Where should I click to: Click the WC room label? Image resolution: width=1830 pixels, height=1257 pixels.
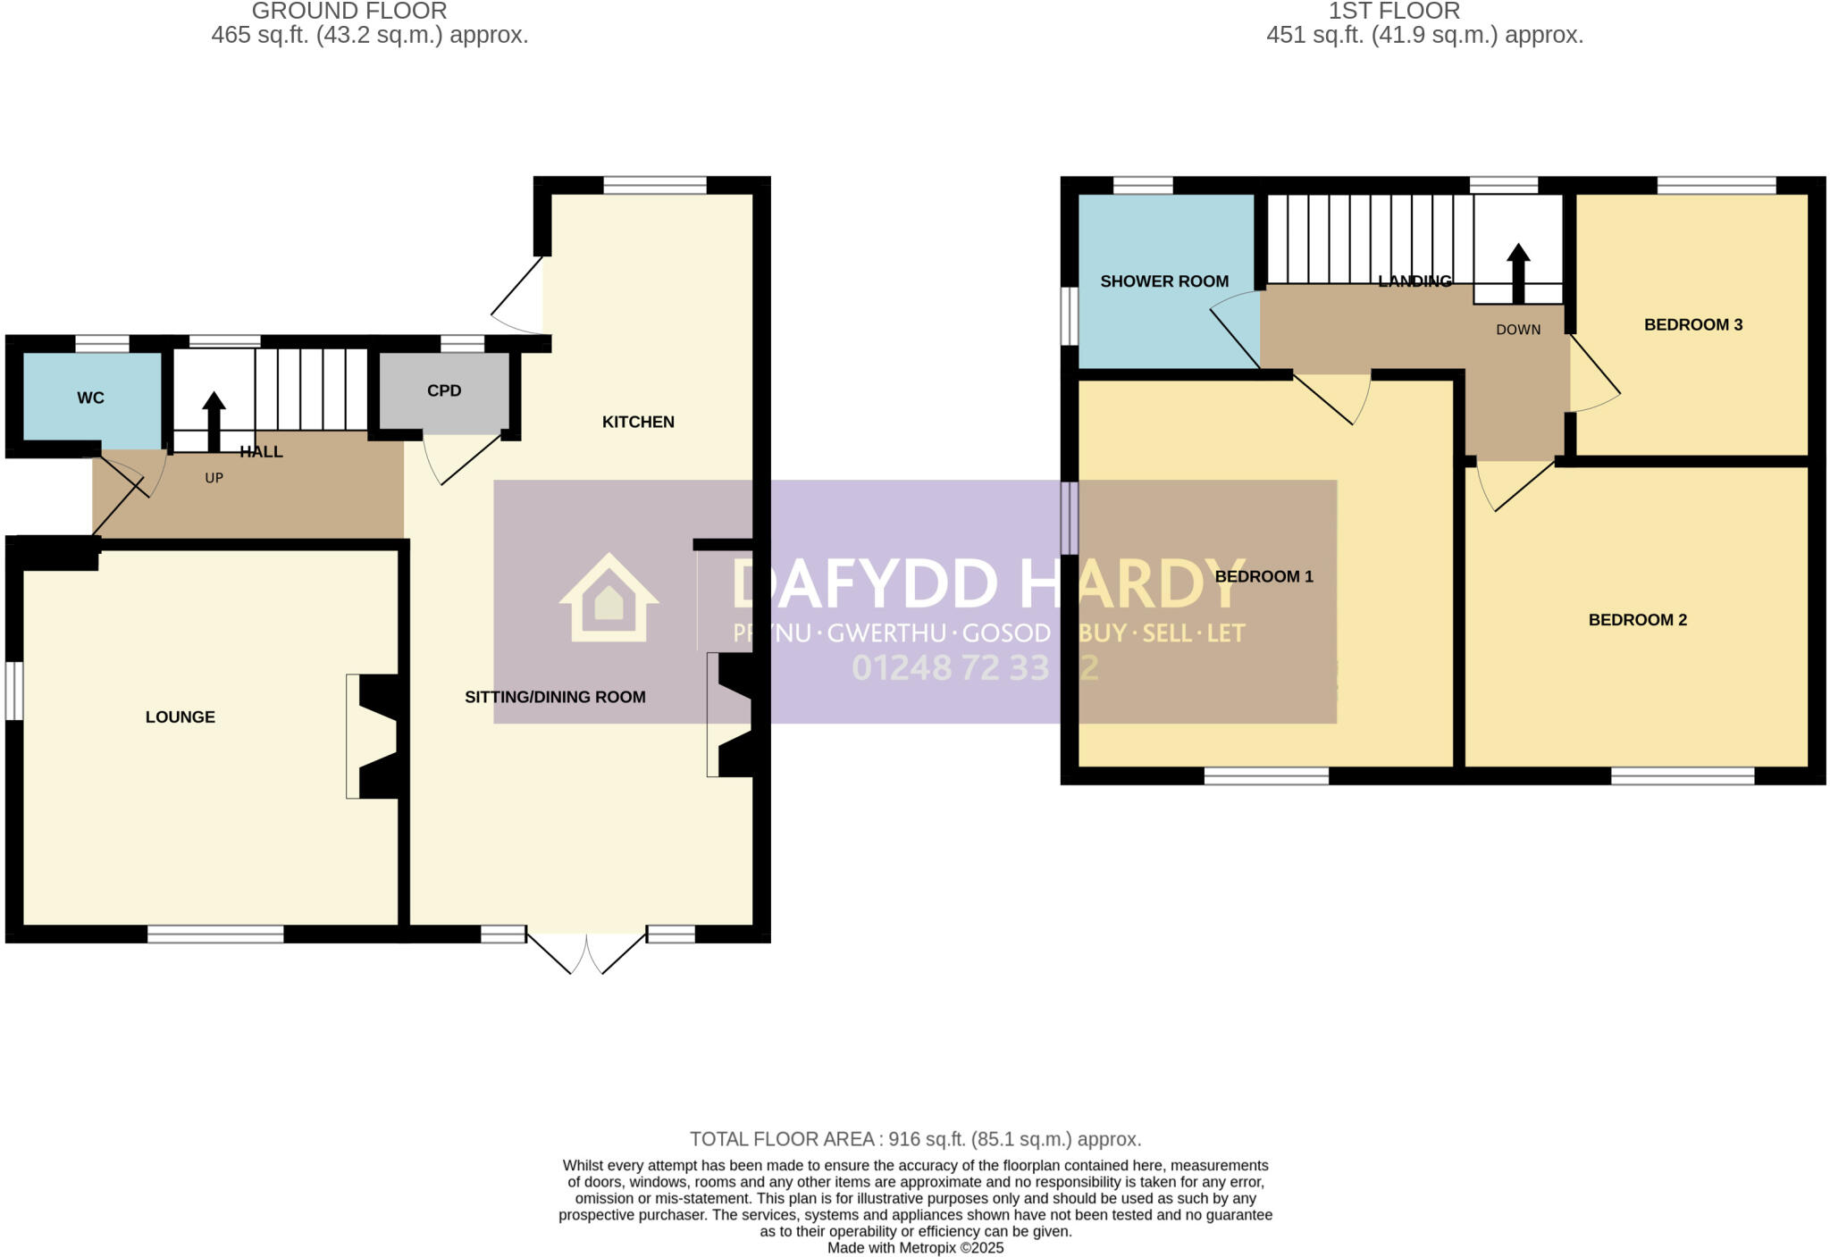pyautogui.click(x=90, y=398)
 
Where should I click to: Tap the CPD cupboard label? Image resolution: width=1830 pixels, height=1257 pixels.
pyautogui.click(x=444, y=390)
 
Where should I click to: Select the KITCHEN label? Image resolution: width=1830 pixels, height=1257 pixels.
pyautogui.click(x=638, y=422)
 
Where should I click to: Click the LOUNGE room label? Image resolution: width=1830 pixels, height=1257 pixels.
pyautogui.click(x=180, y=716)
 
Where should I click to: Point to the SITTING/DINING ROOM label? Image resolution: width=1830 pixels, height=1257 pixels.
pyautogui.click(x=555, y=697)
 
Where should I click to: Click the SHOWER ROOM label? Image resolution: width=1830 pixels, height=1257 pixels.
pyautogui.click(x=1164, y=281)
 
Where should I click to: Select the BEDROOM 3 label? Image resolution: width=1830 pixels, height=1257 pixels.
pyautogui.click(x=1693, y=324)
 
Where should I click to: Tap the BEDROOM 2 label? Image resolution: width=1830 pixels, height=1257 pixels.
pyautogui.click(x=1637, y=620)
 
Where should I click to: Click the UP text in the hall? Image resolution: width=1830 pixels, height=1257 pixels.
pyautogui.click(x=214, y=478)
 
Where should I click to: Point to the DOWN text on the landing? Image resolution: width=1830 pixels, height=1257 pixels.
pyautogui.click(x=1518, y=330)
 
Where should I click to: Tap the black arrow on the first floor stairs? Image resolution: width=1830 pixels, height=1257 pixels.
pyautogui.click(x=1518, y=273)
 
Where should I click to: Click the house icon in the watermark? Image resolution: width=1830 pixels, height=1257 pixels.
pyautogui.click(x=609, y=598)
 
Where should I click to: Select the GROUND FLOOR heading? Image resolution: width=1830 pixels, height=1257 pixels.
pyautogui.click(x=349, y=12)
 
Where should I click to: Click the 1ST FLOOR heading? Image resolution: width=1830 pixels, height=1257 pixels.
pyautogui.click(x=1394, y=12)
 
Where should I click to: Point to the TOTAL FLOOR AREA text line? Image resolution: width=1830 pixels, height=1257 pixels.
pyautogui.click(x=915, y=1139)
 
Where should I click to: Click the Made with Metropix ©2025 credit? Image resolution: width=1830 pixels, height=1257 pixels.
pyautogui.click(x=915, y=1248)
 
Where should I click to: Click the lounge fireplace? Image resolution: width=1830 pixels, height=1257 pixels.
pyautogui.click(x=374, y=736)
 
